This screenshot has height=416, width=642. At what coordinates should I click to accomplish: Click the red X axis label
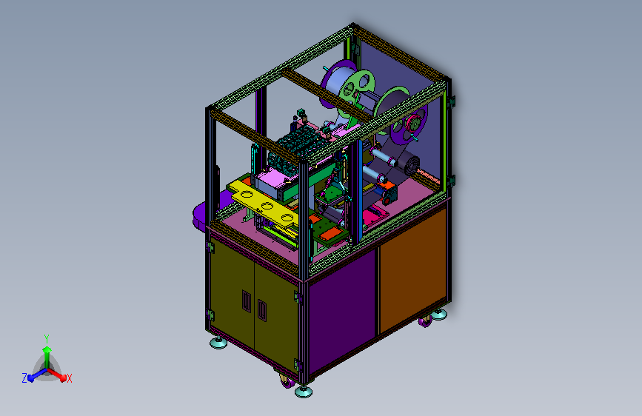pyautogui.click(x=69, y=378)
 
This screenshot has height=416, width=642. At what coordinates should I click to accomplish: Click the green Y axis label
pyautogui.click(x=47, y=338)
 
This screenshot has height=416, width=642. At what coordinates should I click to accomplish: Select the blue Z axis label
pyautogui.click(x=24, y=378)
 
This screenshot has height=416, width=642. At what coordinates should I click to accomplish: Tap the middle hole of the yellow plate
pyautogui.click(x=267, y=206)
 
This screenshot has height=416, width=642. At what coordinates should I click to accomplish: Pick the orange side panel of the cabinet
pyautogui.click(x=412, y=268)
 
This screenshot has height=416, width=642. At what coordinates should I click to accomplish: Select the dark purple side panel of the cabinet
pyautogui.click(x=342, y=310)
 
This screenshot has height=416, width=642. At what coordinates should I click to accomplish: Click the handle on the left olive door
pyautogui.click(x=247, y=301)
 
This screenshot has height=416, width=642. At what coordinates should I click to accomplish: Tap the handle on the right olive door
pyautogui.click(x=262, y=310)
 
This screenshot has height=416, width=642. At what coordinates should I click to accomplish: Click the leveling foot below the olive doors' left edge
pyautogui.click(x=218, y=343)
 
